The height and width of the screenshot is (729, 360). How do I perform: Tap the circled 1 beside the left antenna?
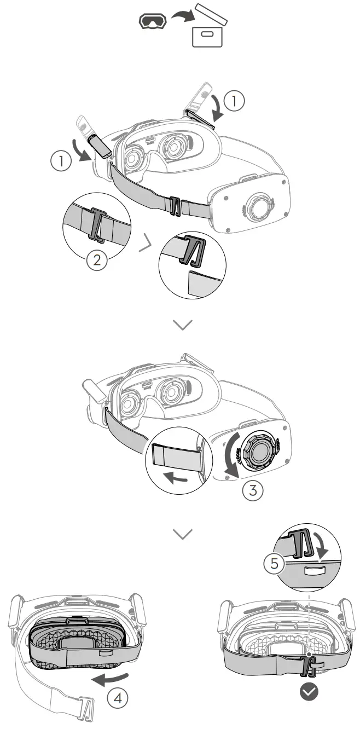point(61,161)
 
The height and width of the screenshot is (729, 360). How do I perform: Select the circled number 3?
point(252,490)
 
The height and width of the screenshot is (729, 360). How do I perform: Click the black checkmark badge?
point(309,692)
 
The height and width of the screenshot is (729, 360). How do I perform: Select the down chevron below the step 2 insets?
point(182,325)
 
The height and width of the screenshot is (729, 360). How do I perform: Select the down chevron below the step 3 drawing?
point(182,534)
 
